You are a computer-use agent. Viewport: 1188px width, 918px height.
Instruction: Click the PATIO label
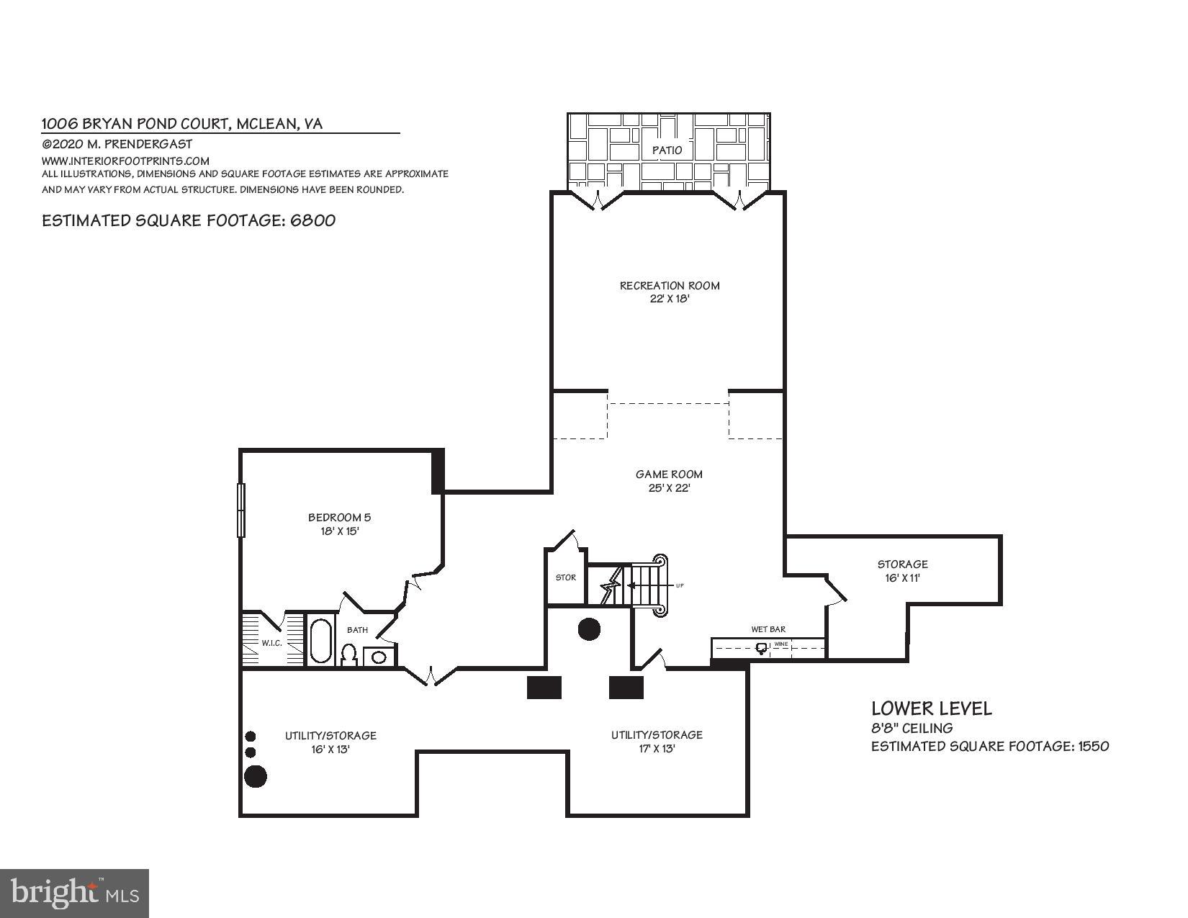(667, 150)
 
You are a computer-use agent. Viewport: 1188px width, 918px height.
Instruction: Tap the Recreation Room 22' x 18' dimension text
(670, 299)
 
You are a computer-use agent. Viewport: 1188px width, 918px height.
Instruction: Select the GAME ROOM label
(669, 474)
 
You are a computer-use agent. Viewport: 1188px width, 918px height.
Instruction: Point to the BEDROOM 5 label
(339, 517)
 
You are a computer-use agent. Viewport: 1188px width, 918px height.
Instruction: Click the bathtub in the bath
(321, 640)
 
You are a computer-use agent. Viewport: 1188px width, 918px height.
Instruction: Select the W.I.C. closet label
(271, 643)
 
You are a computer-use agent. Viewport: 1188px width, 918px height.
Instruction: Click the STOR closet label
(566, 577)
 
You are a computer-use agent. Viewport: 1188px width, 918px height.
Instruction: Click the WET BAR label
(768, 629)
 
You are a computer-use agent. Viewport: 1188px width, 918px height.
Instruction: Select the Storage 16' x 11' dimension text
(902, 578)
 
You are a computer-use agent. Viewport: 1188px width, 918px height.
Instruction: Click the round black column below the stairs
(589, 629)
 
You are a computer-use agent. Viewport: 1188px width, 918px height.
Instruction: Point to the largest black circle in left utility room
(256, 776)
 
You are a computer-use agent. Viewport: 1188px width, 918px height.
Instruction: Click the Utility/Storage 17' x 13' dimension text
(656, 749)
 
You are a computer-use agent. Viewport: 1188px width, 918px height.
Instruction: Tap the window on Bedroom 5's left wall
(241, 510)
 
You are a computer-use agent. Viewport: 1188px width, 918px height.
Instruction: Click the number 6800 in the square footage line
(313, 220)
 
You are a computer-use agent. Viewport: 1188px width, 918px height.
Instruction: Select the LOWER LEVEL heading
(931, 708)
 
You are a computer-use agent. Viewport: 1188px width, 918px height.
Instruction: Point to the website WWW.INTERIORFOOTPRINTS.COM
(125, 161)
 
